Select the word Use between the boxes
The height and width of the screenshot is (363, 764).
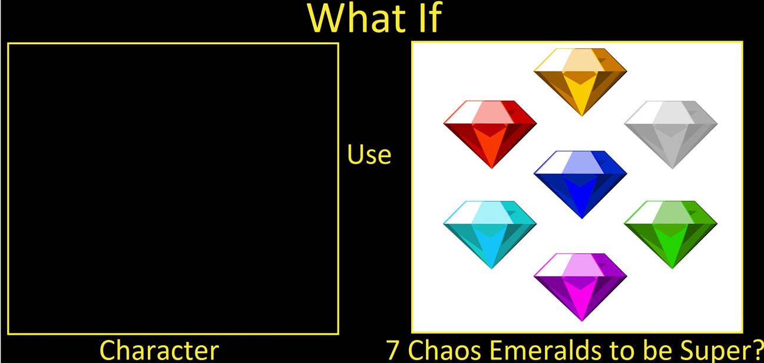point(369,155)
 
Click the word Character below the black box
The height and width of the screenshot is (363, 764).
point(159,350)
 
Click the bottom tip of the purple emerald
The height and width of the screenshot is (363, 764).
point(582,320)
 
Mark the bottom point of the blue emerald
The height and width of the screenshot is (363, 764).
point(582,218)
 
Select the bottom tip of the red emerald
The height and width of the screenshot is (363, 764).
point(492,168)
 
